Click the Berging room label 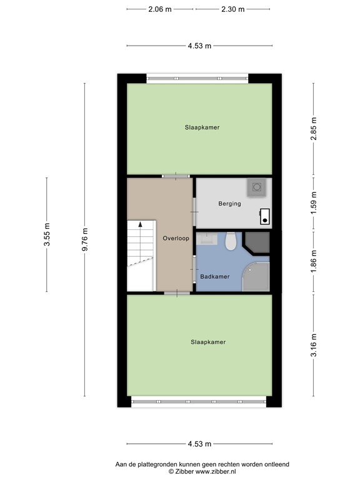(229, 204)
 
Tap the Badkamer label (214, 276)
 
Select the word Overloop (176, 239)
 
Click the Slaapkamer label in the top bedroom (202, 127)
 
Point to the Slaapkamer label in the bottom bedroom (207, 342)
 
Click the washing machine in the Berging (256, 187)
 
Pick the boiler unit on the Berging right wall (265, 216)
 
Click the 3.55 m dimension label (47, 235)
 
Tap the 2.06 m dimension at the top (160, 9)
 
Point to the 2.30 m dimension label (232, 9)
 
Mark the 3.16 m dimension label (314, 345)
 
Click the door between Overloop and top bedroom (176, 176)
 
